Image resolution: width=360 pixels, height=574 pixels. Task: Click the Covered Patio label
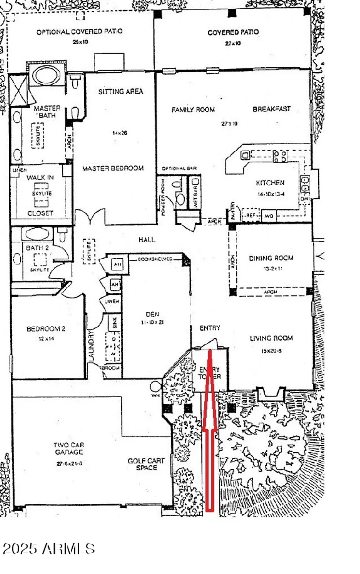(233, 33)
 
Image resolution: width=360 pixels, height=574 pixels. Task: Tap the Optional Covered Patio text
(80, 32)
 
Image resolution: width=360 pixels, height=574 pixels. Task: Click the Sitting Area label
(121, 91)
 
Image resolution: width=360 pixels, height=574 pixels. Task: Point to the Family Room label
(193, 110)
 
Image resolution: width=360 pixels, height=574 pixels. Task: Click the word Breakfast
(272, 109)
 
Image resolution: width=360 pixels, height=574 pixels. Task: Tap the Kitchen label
(270, 183)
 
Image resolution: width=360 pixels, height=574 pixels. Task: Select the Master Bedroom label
(113, 168)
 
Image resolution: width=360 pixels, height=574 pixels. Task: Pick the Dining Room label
(271, 258)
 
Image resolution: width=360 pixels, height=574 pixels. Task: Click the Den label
(152, 314)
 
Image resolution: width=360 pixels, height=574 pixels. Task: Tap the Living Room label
(271, 338)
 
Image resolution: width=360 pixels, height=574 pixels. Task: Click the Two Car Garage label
(68, 448)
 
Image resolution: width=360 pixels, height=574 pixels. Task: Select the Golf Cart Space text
(146, 464)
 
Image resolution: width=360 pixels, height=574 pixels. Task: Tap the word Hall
(147, 240)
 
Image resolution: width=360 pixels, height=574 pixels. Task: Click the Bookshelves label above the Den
(155, 259)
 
